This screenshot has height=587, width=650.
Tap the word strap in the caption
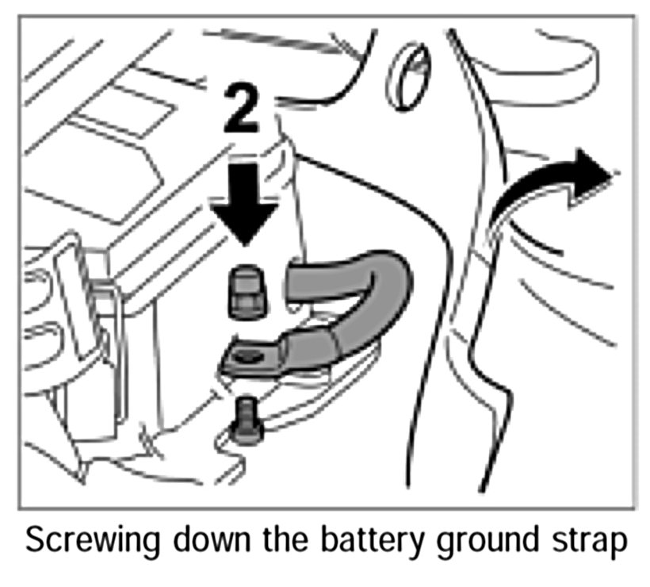pos(591,543)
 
